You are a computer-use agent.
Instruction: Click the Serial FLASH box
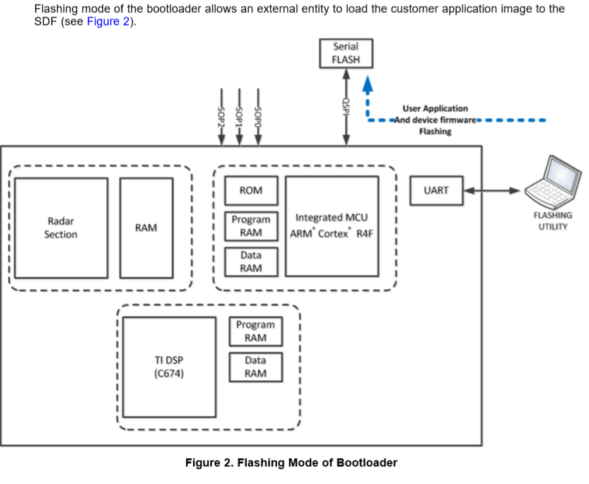(346, 54)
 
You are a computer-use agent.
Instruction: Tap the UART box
(436, 191)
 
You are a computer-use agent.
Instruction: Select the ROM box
(251, 191)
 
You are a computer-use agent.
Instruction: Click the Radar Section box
(61, 228)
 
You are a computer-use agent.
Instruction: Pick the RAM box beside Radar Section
(146, 228)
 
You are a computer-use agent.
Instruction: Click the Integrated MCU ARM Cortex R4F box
(331, 226)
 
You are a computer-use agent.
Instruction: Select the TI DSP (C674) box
(169, 367)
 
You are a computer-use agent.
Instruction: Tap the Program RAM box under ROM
(251, 226)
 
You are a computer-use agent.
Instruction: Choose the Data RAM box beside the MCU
(251, 262)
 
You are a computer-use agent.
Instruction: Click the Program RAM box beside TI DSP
(256, 331)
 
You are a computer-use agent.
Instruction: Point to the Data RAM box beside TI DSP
(256, 367)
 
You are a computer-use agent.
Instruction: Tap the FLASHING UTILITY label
(553, 221)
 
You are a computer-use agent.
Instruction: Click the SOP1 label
(239, 117)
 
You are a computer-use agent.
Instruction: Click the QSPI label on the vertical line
(347, 107)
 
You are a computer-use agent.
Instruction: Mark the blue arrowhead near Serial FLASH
(368, 84)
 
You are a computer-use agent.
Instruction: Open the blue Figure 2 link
(108, 21)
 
